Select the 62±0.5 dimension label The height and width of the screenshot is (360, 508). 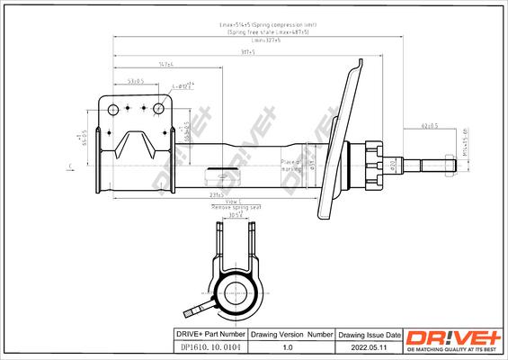point(428,125)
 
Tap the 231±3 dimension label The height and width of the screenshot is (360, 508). point(216,194)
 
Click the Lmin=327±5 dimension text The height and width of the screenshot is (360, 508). point(266,40)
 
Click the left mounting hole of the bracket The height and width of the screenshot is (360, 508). point(114,109)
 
